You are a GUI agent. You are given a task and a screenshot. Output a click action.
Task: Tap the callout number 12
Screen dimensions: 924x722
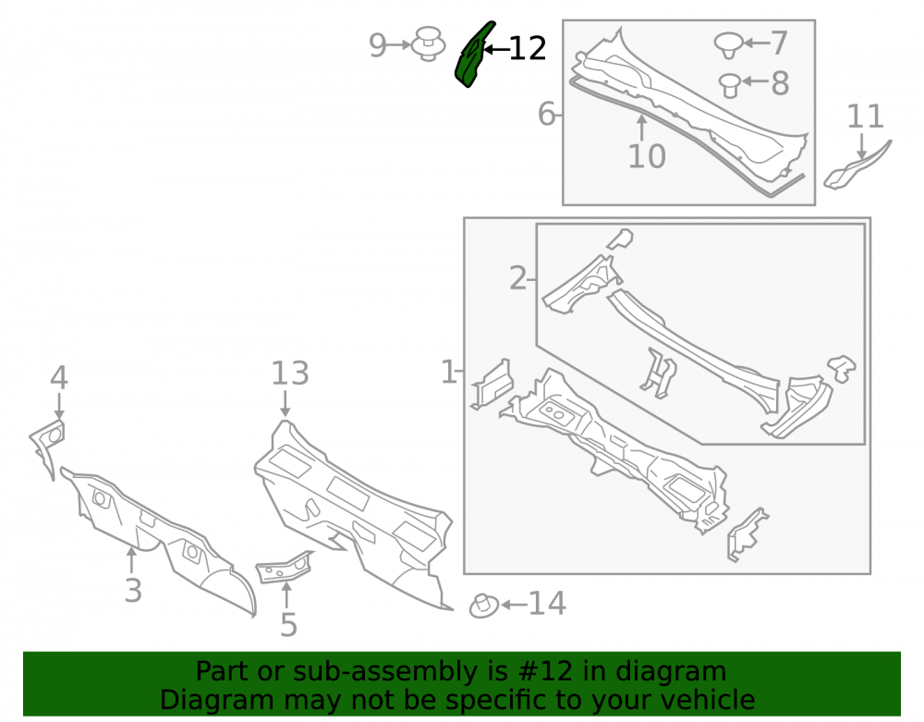click(x=528, y=49)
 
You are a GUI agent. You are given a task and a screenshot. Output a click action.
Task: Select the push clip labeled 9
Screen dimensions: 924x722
click(x=428, y=43)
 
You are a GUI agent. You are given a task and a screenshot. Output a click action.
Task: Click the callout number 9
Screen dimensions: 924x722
click(x=377, y=44)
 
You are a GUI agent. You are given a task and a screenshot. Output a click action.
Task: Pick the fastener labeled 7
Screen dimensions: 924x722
click(x=729, y=44)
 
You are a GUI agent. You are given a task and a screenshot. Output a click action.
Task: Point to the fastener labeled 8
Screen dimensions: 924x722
click(x=730, y=85)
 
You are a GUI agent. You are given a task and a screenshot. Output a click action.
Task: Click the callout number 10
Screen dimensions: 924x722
click(x=647, y=156)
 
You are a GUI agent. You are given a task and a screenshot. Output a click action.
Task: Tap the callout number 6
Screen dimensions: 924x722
click(x=546, y=114)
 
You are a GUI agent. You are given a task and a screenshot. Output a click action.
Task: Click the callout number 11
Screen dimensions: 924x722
click(x=865, y=116)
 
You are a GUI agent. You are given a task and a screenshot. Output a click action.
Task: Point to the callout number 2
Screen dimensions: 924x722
click(x=517, y=278)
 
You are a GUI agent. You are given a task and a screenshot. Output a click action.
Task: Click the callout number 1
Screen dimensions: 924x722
click(x=448, y=372)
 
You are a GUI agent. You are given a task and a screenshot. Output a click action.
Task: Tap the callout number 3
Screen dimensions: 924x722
click(x=133, y=591)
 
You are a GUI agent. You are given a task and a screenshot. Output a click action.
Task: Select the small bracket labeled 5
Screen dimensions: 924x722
click(x=284, y=567)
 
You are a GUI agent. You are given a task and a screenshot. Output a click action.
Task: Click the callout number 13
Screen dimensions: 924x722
click(x=290, y=373)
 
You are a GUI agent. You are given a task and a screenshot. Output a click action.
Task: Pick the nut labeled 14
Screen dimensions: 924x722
click(x=484, y=606)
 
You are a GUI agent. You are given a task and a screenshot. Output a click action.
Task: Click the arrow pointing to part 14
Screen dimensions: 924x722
click(x=514, y=605)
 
